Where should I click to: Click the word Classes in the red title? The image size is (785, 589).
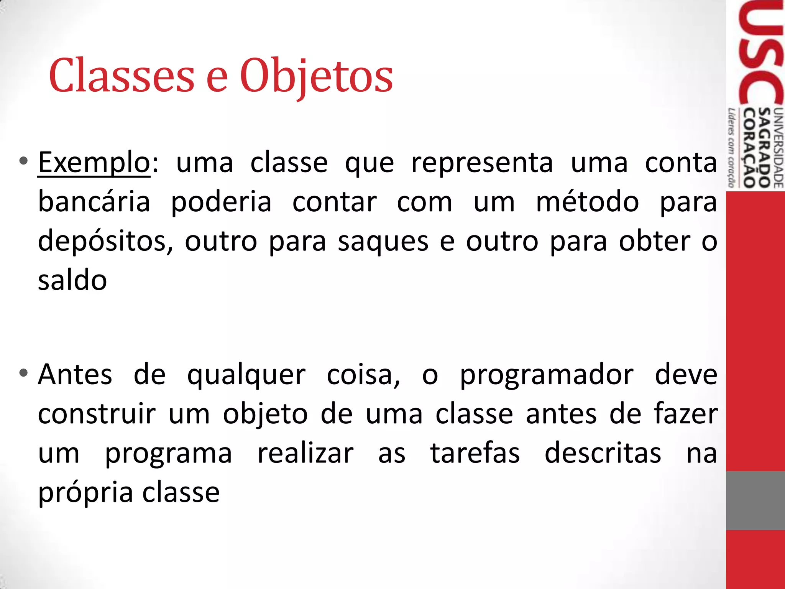click(x=122, y=76)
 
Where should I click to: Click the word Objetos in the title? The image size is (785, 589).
click(x=316, y=76)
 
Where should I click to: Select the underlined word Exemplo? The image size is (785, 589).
click(x=94, y=163)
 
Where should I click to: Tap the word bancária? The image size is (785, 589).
click(x=94, y=202)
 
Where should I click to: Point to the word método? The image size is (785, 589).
click(x=587, y=202)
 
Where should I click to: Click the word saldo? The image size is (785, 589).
click(x=72, y=280)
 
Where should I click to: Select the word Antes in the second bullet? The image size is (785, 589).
click(x=75, y=374)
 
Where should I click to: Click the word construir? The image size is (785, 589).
click(x=97, y=414)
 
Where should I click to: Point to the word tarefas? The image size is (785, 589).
click(x=475, y=453)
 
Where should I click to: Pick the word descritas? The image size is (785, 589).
click(x=603, y=453)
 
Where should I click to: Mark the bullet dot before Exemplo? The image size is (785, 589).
click(x=23, y=161)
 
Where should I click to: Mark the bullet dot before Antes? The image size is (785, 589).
click(x=23, y=372)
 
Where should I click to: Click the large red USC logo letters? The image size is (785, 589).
click(x=761, y=54)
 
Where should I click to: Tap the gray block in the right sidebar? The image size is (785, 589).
click(x=755, y=500)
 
